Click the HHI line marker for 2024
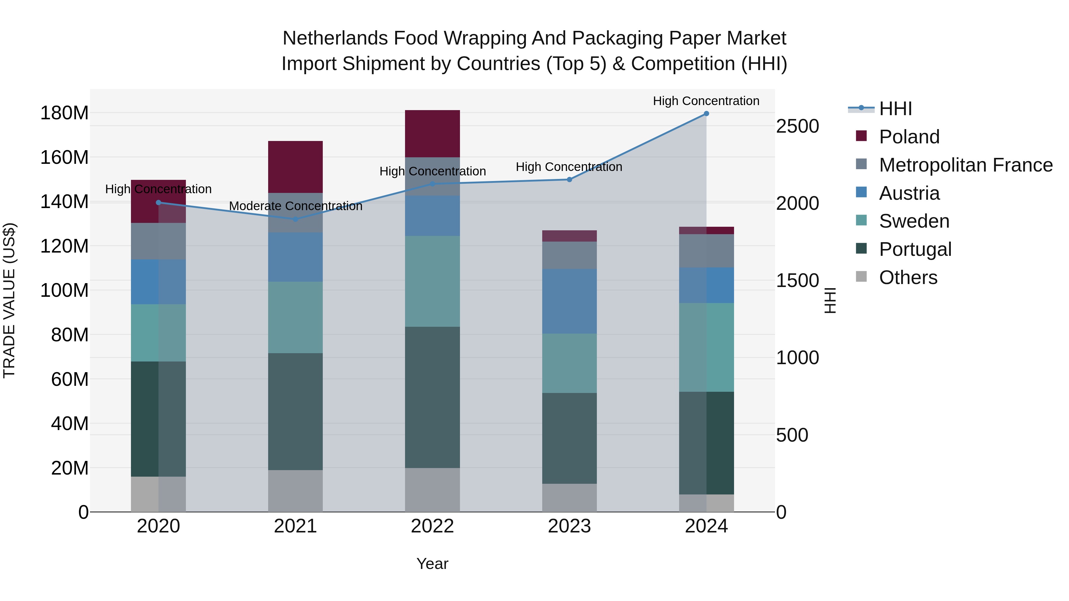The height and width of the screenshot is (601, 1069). click(x=706, y=114)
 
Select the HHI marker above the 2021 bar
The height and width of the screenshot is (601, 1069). click(x=295, y=219)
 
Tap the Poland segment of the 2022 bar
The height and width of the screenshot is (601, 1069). click(x=432, y=134)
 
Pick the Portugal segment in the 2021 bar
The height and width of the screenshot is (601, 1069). click(x=295, y=411)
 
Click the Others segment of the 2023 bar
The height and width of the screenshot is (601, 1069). click(x=569, y=498)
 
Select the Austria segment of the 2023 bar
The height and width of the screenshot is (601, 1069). click(x=569, y=301)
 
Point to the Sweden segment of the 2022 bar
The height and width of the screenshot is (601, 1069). click(x=432, y=281)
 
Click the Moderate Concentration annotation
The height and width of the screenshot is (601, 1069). click(x=295, y=206)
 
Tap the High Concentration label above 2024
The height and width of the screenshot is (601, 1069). click(x=706, y=101)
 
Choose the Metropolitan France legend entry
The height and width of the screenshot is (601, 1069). click(x=966, y=165)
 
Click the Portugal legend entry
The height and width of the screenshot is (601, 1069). click(x=915, y=249)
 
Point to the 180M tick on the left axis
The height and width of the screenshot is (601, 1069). click(x=64, y=113)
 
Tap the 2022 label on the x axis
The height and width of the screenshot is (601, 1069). click(x=432, y=526)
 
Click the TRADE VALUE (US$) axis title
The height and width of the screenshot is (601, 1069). click(x=9, y=300)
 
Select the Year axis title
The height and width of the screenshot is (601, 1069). click(x=432, y=564)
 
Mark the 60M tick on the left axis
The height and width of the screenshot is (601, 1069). click(x=70, y=379)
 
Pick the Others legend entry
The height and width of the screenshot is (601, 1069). click(x=908, y=277)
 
